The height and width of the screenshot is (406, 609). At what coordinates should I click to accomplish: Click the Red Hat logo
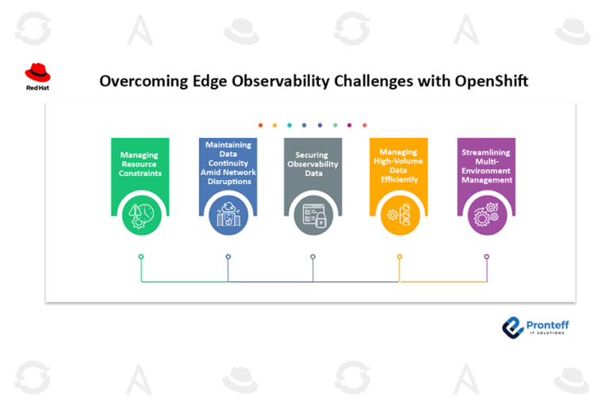tap(38, 77)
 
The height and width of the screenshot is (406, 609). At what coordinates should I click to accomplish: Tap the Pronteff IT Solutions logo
tap(535, 327)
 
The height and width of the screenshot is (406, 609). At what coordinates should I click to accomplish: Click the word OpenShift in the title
tap(492, 81)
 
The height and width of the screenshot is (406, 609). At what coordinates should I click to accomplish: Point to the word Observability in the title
tap(281, 81)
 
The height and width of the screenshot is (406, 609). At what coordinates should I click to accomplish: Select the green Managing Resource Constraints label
tap(140, 164)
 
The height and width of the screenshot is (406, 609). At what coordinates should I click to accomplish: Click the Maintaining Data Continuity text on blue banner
tap(228, 163)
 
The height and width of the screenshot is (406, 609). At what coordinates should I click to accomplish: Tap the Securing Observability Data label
tap(312, 164)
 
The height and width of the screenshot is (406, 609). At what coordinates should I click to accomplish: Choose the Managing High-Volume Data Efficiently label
tap(399, 166)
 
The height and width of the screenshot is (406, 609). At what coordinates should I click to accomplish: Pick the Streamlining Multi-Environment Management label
tap(487, 166)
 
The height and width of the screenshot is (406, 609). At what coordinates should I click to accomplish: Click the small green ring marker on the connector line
tap(141, 257)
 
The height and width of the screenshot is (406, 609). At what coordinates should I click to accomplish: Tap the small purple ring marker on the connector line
tap(487, 257)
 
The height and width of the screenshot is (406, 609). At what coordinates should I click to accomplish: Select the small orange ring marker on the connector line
tap(400, 257)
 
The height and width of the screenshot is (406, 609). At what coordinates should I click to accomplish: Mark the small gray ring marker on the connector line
tap(313, 257)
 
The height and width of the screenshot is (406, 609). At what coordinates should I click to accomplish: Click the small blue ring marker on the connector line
tap(228, 257)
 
